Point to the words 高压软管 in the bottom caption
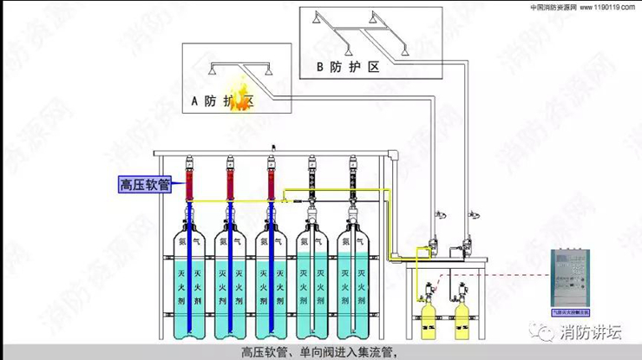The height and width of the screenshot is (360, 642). [x=261, y=352]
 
